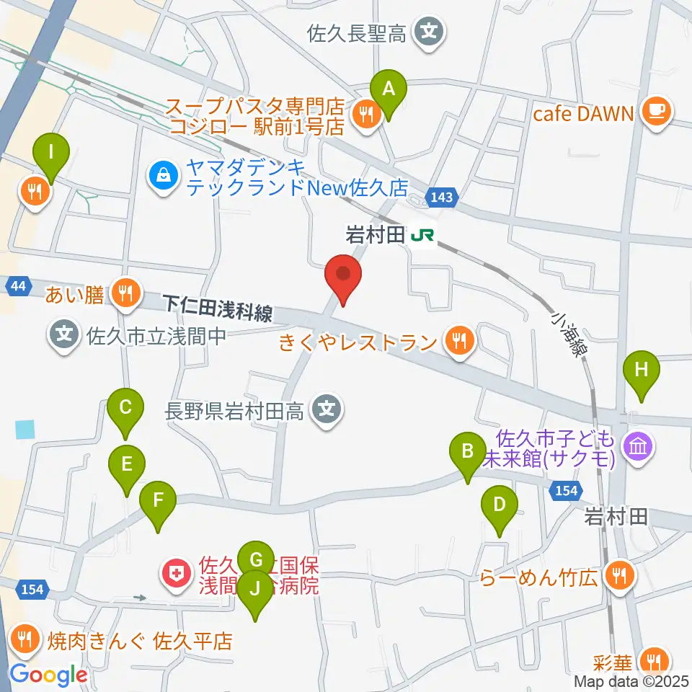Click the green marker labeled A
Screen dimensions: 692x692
point(389,89)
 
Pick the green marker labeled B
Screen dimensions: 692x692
point(467,452)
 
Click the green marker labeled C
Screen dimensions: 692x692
point(125,407)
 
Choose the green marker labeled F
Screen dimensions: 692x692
point(157,499)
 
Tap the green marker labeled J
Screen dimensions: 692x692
point(254,587)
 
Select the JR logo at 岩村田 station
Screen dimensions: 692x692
point(422,235)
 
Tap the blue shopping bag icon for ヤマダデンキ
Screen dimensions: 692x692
point(164,176)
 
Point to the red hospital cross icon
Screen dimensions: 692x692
point(174,574)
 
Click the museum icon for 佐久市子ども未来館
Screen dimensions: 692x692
point(638,448)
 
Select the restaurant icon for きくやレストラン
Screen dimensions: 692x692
point(458,338)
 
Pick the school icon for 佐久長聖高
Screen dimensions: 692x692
point(430,32)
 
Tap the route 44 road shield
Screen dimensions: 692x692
point(19,286)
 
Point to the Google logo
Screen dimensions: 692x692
point(49,675)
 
